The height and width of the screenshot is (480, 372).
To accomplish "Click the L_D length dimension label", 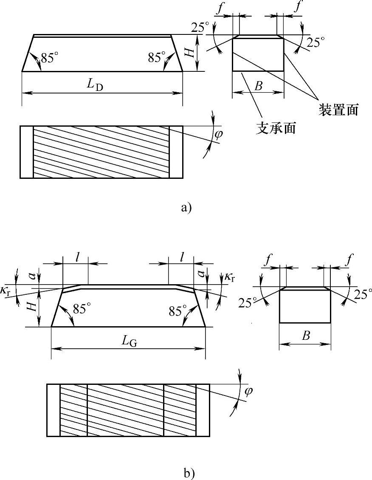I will click(96, 85).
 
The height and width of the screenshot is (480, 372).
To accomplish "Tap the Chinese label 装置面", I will click(338, 110).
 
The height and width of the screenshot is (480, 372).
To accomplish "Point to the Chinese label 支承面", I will click(276, 128).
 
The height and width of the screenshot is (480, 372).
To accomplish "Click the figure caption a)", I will click(186, 208).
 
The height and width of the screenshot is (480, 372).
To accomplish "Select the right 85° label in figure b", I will click(178, 311).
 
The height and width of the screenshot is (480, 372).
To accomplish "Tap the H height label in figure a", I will click(191, 52).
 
